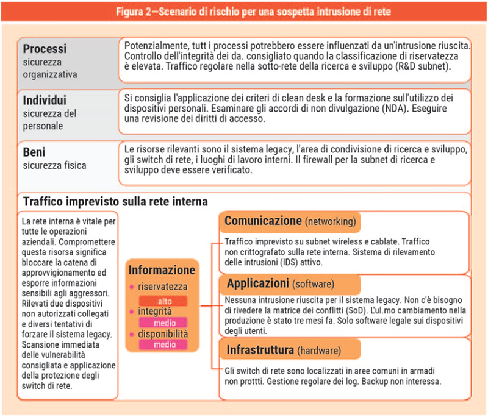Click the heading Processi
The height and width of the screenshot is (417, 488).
tap(45, 49)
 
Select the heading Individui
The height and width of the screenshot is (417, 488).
tap(45, 100)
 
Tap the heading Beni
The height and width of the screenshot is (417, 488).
tap(35, 152)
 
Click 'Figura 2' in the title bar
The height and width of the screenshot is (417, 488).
tap(135, 11)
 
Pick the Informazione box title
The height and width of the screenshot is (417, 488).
tap(162, 269)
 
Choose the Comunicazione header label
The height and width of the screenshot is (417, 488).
tap(264, 221)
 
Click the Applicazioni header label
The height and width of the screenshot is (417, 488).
tap(257, 284)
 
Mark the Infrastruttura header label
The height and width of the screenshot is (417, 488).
tap(260, 351)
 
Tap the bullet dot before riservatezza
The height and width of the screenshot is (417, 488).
tap(131, 287)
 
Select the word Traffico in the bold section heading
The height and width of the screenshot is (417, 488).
tap(45, 201)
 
